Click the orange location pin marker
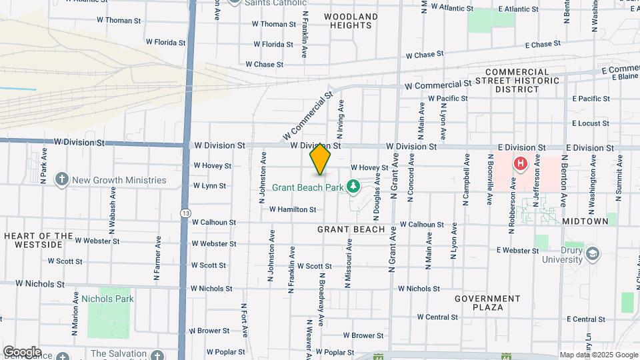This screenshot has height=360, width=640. (321, 160)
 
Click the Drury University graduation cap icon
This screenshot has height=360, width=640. (593, 253)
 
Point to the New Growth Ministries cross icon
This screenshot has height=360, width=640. (62, 179)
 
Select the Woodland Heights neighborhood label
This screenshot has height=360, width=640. (351, 21)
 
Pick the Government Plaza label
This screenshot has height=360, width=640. (487, 303)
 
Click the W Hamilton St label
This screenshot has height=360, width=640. (293, 209)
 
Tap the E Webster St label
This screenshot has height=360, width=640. (518, 251)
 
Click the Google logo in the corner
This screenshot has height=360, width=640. (22, 351)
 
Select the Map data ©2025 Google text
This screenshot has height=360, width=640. (597, 355)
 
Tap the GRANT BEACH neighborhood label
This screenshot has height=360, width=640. (351, 229)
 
